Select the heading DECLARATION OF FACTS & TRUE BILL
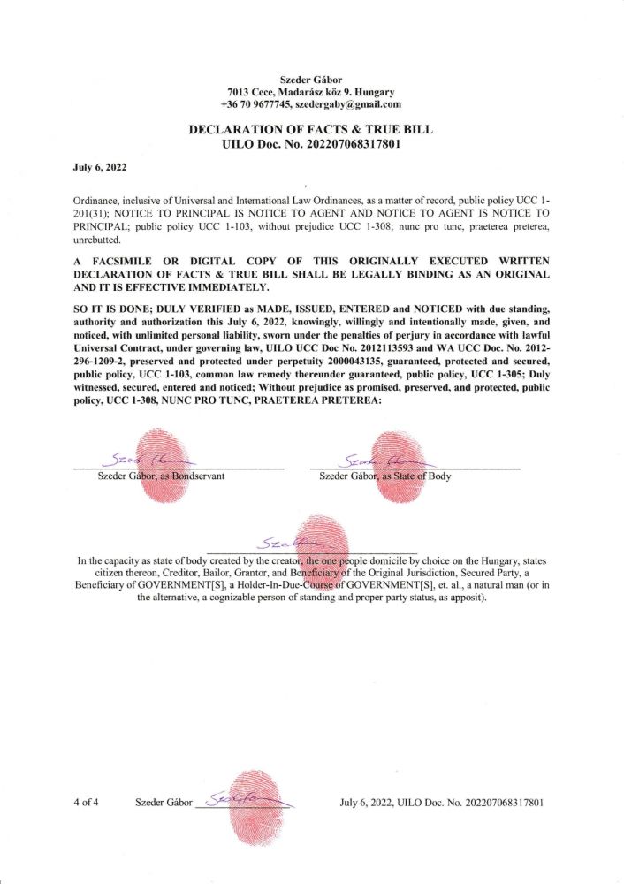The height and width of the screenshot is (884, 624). click(x=312, y=129)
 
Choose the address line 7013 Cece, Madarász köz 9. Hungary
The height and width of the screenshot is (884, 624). click(x=311, y=92)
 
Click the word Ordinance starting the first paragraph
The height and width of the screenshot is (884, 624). click(x=98, y=202)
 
